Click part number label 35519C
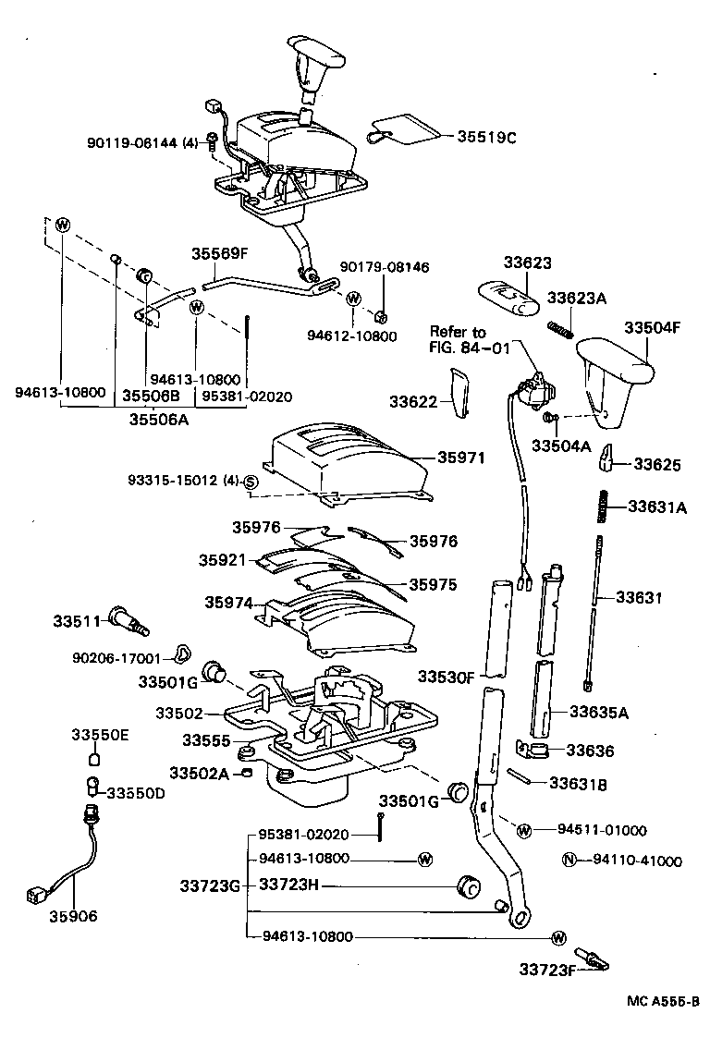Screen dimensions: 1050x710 pyautogui.click(x=485, y=137)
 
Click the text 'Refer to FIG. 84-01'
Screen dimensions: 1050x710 pyautogui.click(x=458, y=339)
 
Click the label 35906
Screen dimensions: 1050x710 pyautogui.click(x=74, y=917)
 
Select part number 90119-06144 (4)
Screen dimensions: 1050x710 pyautogui.click(x=142, y=142)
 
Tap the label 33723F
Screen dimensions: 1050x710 pyautogui.click(x=546, y=970)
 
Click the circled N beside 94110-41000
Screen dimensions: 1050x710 pyautogui.click(x=569, y=861)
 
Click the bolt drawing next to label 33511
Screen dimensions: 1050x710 pyautogui.click(x=129, y=618)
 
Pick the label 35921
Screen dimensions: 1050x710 pyautogui.click(x=221, y=560)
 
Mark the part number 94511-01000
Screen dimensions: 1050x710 pyautogui.click(x=602, y=829)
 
